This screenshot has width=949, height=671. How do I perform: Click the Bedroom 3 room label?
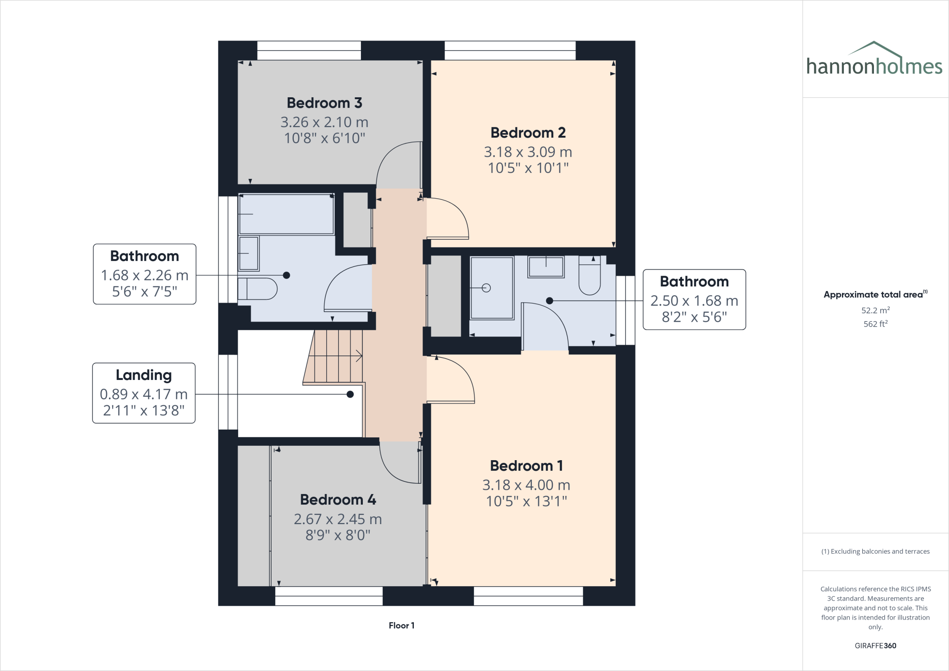point(324,103)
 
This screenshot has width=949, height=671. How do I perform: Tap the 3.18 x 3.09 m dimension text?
point(528,152)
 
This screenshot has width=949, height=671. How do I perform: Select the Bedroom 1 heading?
point(526,466)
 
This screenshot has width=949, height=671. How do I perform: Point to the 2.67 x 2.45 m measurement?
point(338,519)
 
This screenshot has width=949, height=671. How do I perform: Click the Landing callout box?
point(144,393)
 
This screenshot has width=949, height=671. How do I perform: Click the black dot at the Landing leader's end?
point(350,394)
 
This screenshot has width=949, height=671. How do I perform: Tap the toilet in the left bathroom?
point(258,289)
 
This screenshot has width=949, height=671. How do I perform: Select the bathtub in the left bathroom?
point(286,214)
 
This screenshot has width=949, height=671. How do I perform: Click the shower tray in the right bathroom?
point(492,288)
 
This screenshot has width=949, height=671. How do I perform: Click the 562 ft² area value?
point(875,324)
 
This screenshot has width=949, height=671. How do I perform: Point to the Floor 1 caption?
point(401,626)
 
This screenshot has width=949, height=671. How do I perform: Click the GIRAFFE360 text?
point(875,646)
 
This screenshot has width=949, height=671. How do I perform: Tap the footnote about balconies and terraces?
point(875,551)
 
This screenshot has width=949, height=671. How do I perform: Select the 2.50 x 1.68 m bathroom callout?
point(694,300)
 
